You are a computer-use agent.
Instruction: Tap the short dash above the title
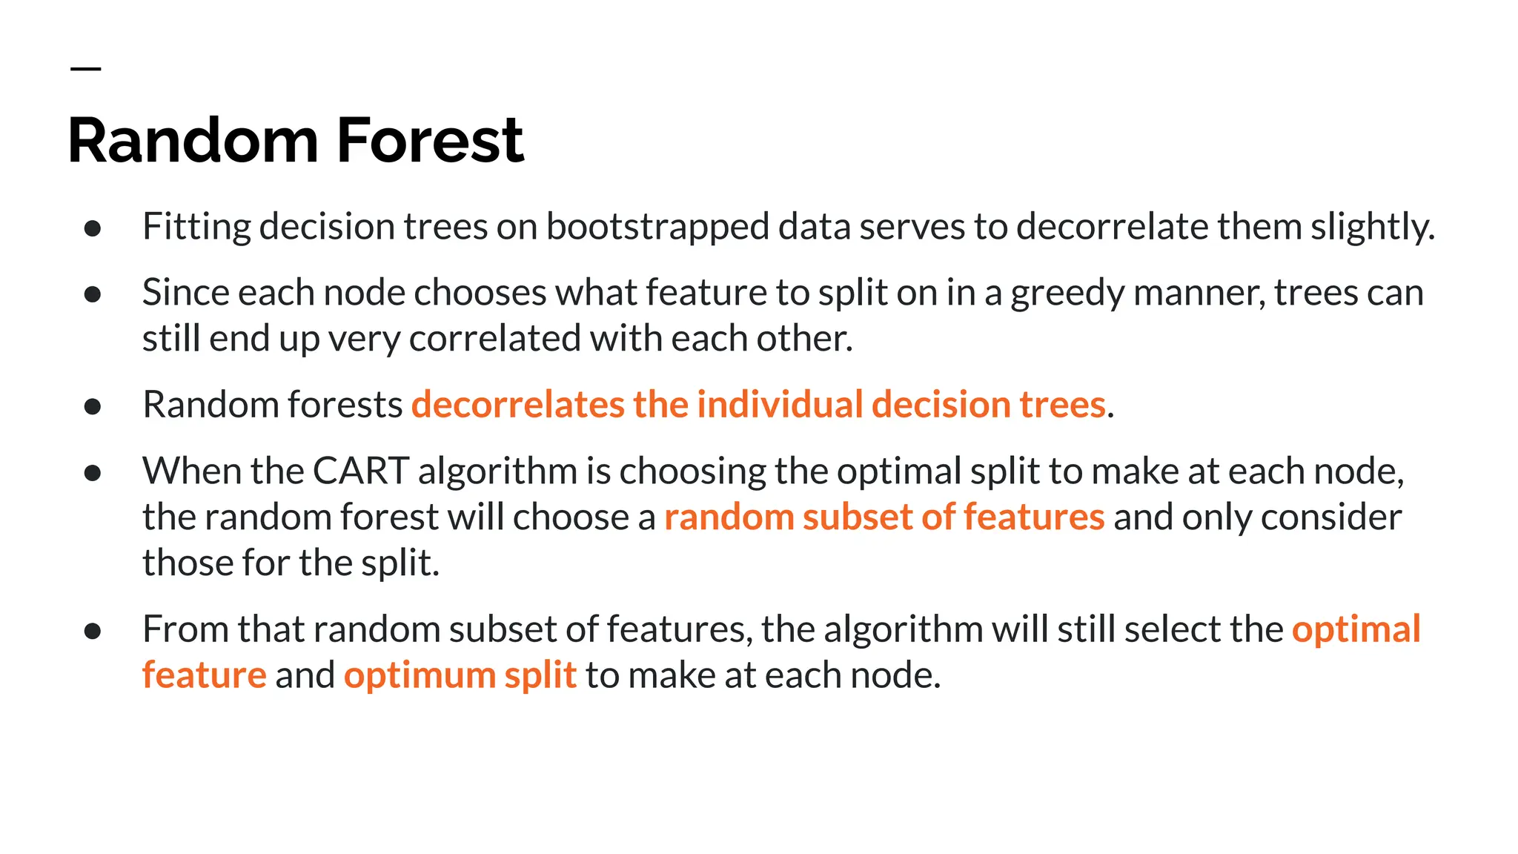pos(85,69)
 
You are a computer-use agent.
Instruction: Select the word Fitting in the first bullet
pos(196,227)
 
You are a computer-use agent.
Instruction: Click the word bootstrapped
pos(657,227)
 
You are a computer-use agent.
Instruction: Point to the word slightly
pos(1372,227)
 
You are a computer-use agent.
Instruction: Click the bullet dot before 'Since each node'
pos(93,295)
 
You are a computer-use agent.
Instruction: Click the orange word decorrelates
pos(517,405)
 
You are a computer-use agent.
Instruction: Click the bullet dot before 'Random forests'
pos(93,406)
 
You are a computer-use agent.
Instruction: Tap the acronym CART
pos(360,471)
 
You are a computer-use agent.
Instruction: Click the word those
pos(188,563)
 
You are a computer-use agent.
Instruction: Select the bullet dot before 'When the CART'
pos(93,473)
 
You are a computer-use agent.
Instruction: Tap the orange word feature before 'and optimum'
pos(204,675)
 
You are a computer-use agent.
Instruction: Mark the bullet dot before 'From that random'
pos(93,631)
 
